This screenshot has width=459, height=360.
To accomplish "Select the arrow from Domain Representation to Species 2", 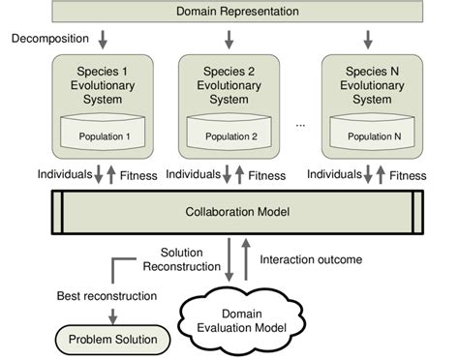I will [229, 39].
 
